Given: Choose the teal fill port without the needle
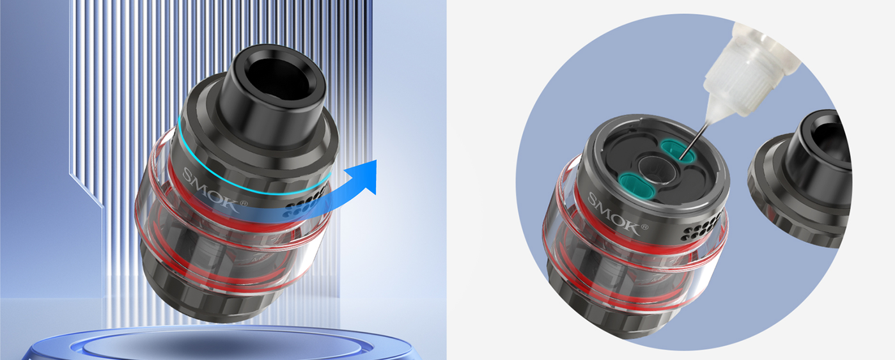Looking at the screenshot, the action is (x=635, y=185).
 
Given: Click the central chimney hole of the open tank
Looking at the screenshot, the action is (x=658, y=169).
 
